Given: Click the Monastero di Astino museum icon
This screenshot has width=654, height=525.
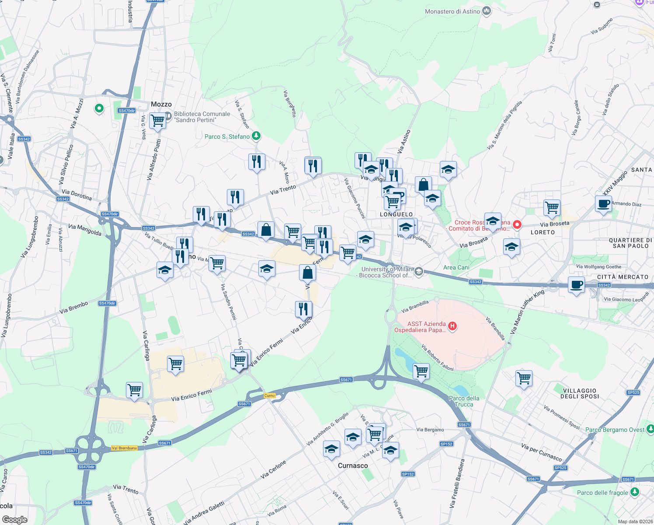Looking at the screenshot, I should tap(486, 11).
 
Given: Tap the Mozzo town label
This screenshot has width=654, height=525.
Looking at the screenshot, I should tap(161, 104).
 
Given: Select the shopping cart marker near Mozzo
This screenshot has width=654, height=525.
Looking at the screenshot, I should tap(157, 120).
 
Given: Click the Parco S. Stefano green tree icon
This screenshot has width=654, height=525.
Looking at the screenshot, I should tap(256, 136).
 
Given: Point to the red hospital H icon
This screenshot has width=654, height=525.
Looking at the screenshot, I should tap(452, 326).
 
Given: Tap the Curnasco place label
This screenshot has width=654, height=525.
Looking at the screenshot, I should tap(353, 465).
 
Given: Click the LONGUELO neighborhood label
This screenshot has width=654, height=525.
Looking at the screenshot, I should tap(396, 214).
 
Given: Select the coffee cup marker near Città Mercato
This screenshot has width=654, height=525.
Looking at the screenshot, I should tap(576, 285).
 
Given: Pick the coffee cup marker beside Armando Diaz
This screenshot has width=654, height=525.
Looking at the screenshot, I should tap(603, 203).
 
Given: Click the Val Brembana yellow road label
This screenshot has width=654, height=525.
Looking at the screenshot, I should tap(124, 448).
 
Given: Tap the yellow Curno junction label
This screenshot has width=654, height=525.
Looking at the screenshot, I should tap(270, 395).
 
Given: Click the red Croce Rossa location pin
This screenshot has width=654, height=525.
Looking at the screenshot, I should tap(517, 224).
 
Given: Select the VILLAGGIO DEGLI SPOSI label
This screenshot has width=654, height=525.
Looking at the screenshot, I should tap(580, 393).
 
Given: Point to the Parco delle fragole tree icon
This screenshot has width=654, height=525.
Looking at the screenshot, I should tap(634, 492).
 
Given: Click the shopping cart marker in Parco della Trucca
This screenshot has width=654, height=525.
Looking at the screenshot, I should tap(421, 371).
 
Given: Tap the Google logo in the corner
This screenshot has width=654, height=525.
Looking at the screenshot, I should tap(14, 520).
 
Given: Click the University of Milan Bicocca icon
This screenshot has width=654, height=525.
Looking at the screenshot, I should tap(418, 272).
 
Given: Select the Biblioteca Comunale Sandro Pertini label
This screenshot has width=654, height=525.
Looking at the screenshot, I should tap(202, 117).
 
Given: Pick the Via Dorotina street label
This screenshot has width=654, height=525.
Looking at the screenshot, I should tap(77, 195).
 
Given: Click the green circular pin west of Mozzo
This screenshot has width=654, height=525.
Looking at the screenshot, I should tap(99, 108).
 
